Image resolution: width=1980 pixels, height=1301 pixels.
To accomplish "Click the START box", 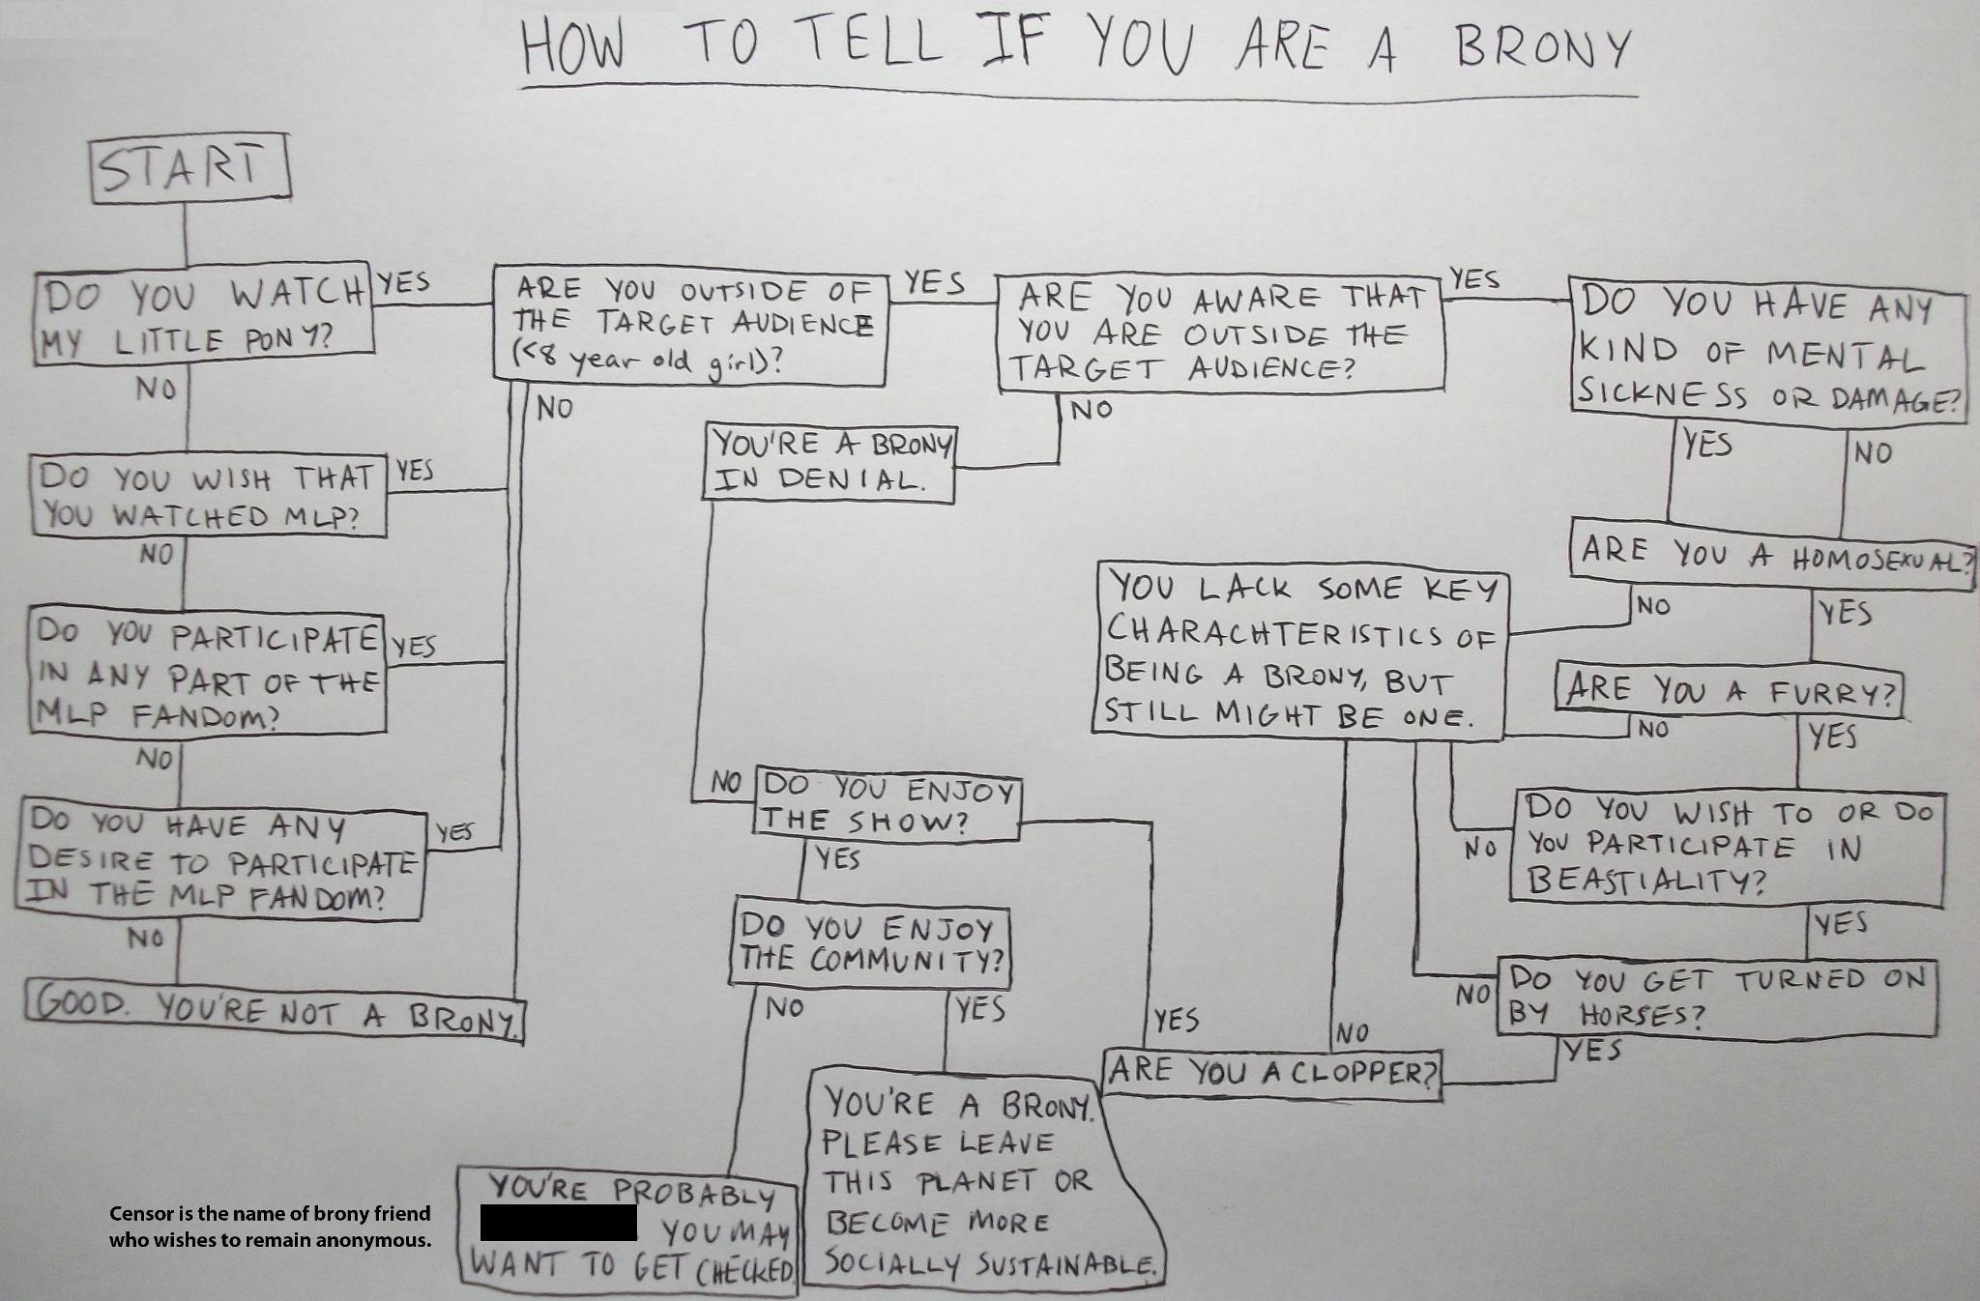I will pos(189,170).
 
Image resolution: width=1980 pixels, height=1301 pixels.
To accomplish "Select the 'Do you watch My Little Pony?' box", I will pos(203,316).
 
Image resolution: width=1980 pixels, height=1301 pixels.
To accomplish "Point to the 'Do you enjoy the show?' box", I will pos(886,804).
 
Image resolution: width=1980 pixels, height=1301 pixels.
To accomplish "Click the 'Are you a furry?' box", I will pos(1730,690).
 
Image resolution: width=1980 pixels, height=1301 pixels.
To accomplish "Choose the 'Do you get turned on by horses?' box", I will pos(1717,997).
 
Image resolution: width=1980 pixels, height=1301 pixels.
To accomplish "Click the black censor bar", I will pos(559,1223).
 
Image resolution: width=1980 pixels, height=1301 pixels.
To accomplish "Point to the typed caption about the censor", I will pos(270,1227).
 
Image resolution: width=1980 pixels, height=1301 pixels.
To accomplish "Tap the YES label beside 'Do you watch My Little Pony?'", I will pos(404,282).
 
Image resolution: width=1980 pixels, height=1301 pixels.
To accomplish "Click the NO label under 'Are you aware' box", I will pos(1092,410).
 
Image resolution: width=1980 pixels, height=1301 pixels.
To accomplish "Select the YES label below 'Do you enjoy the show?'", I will pos(837,858).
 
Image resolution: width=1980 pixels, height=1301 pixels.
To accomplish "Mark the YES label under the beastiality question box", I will pos(1840,924).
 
